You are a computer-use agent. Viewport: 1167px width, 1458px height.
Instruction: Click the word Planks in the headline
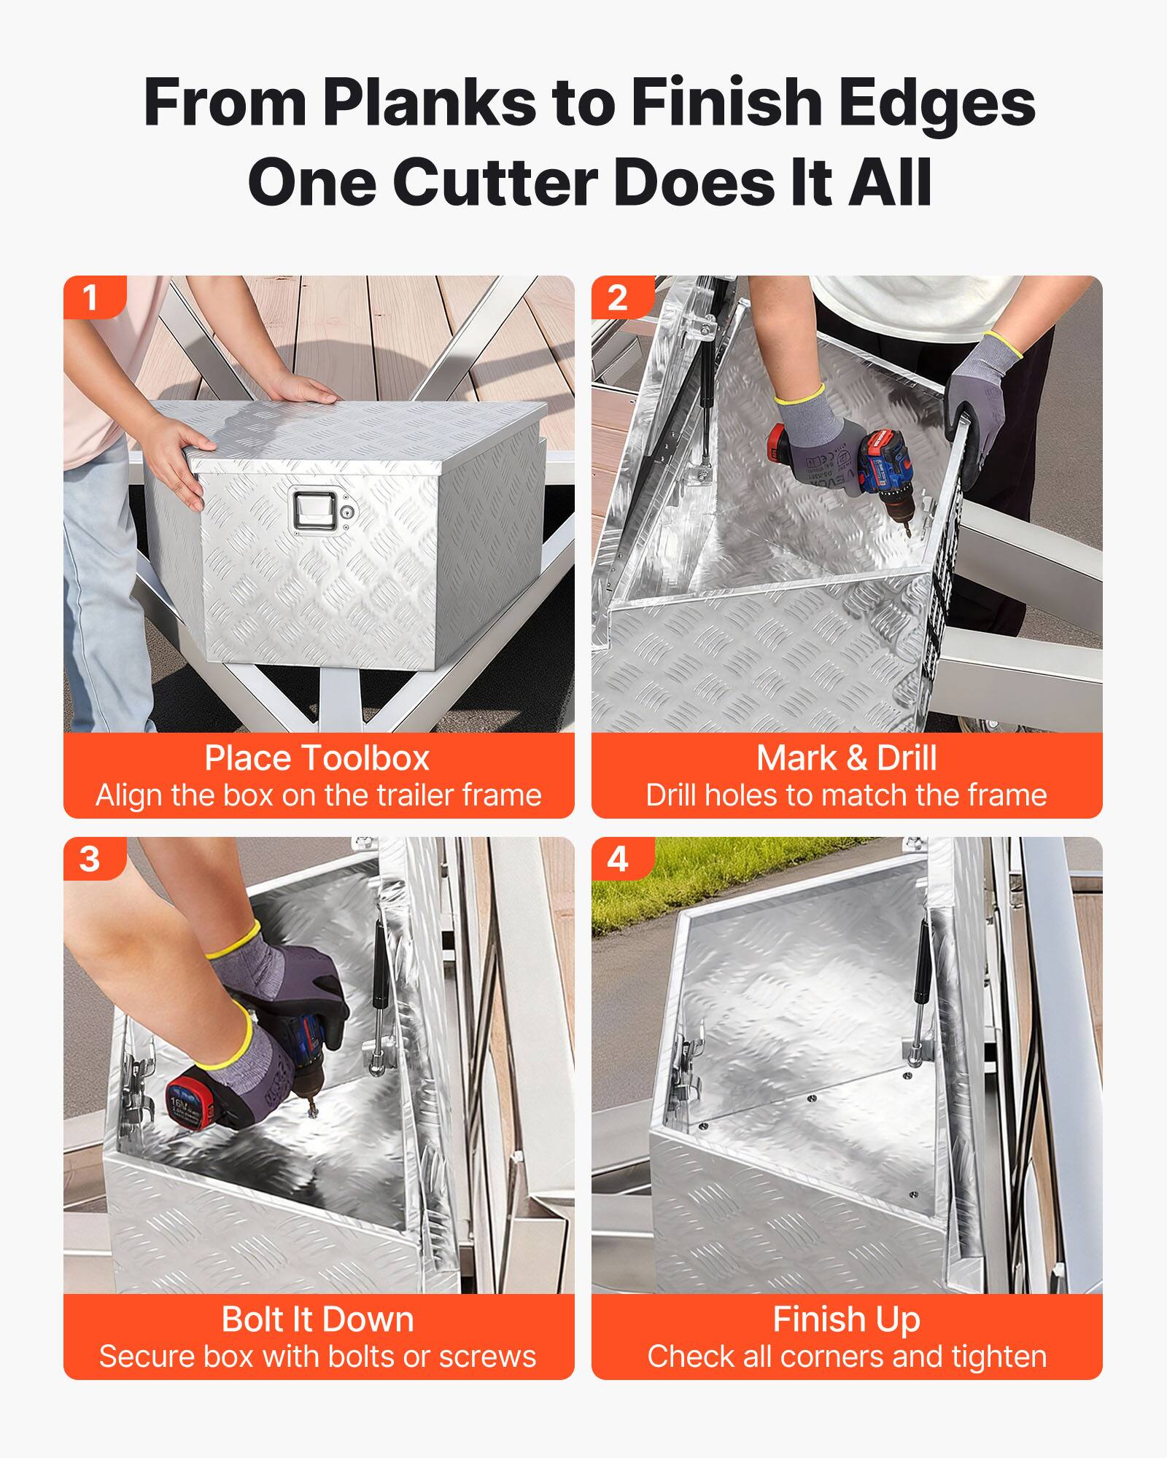pyautogui.click(x=430, y=102)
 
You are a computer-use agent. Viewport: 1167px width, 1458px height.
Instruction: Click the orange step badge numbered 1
pyautogui.click(x=91, y=297)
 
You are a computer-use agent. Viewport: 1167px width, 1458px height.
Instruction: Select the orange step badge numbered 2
pyautogui.click(x=618, y=297)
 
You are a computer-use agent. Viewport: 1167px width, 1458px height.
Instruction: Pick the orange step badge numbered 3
pyautogui.click(x=91, y=859)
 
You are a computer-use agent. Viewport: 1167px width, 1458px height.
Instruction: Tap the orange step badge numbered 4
pyautogui.click(x=618, y=859)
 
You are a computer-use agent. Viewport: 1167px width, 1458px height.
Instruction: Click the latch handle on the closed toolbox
pyautogui.click(x=315, y=511)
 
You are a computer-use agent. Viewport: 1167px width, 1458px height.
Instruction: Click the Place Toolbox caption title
pyautogui.click(x=317, y=758)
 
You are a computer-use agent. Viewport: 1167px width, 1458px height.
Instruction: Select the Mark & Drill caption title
pyautogui.click(x=846, y=758)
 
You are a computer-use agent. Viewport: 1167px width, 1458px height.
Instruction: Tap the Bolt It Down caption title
pyautogui.click(x=317, y=1319)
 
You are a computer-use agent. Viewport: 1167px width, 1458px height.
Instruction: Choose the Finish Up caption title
pyautogui.click(x=846, y=1319)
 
